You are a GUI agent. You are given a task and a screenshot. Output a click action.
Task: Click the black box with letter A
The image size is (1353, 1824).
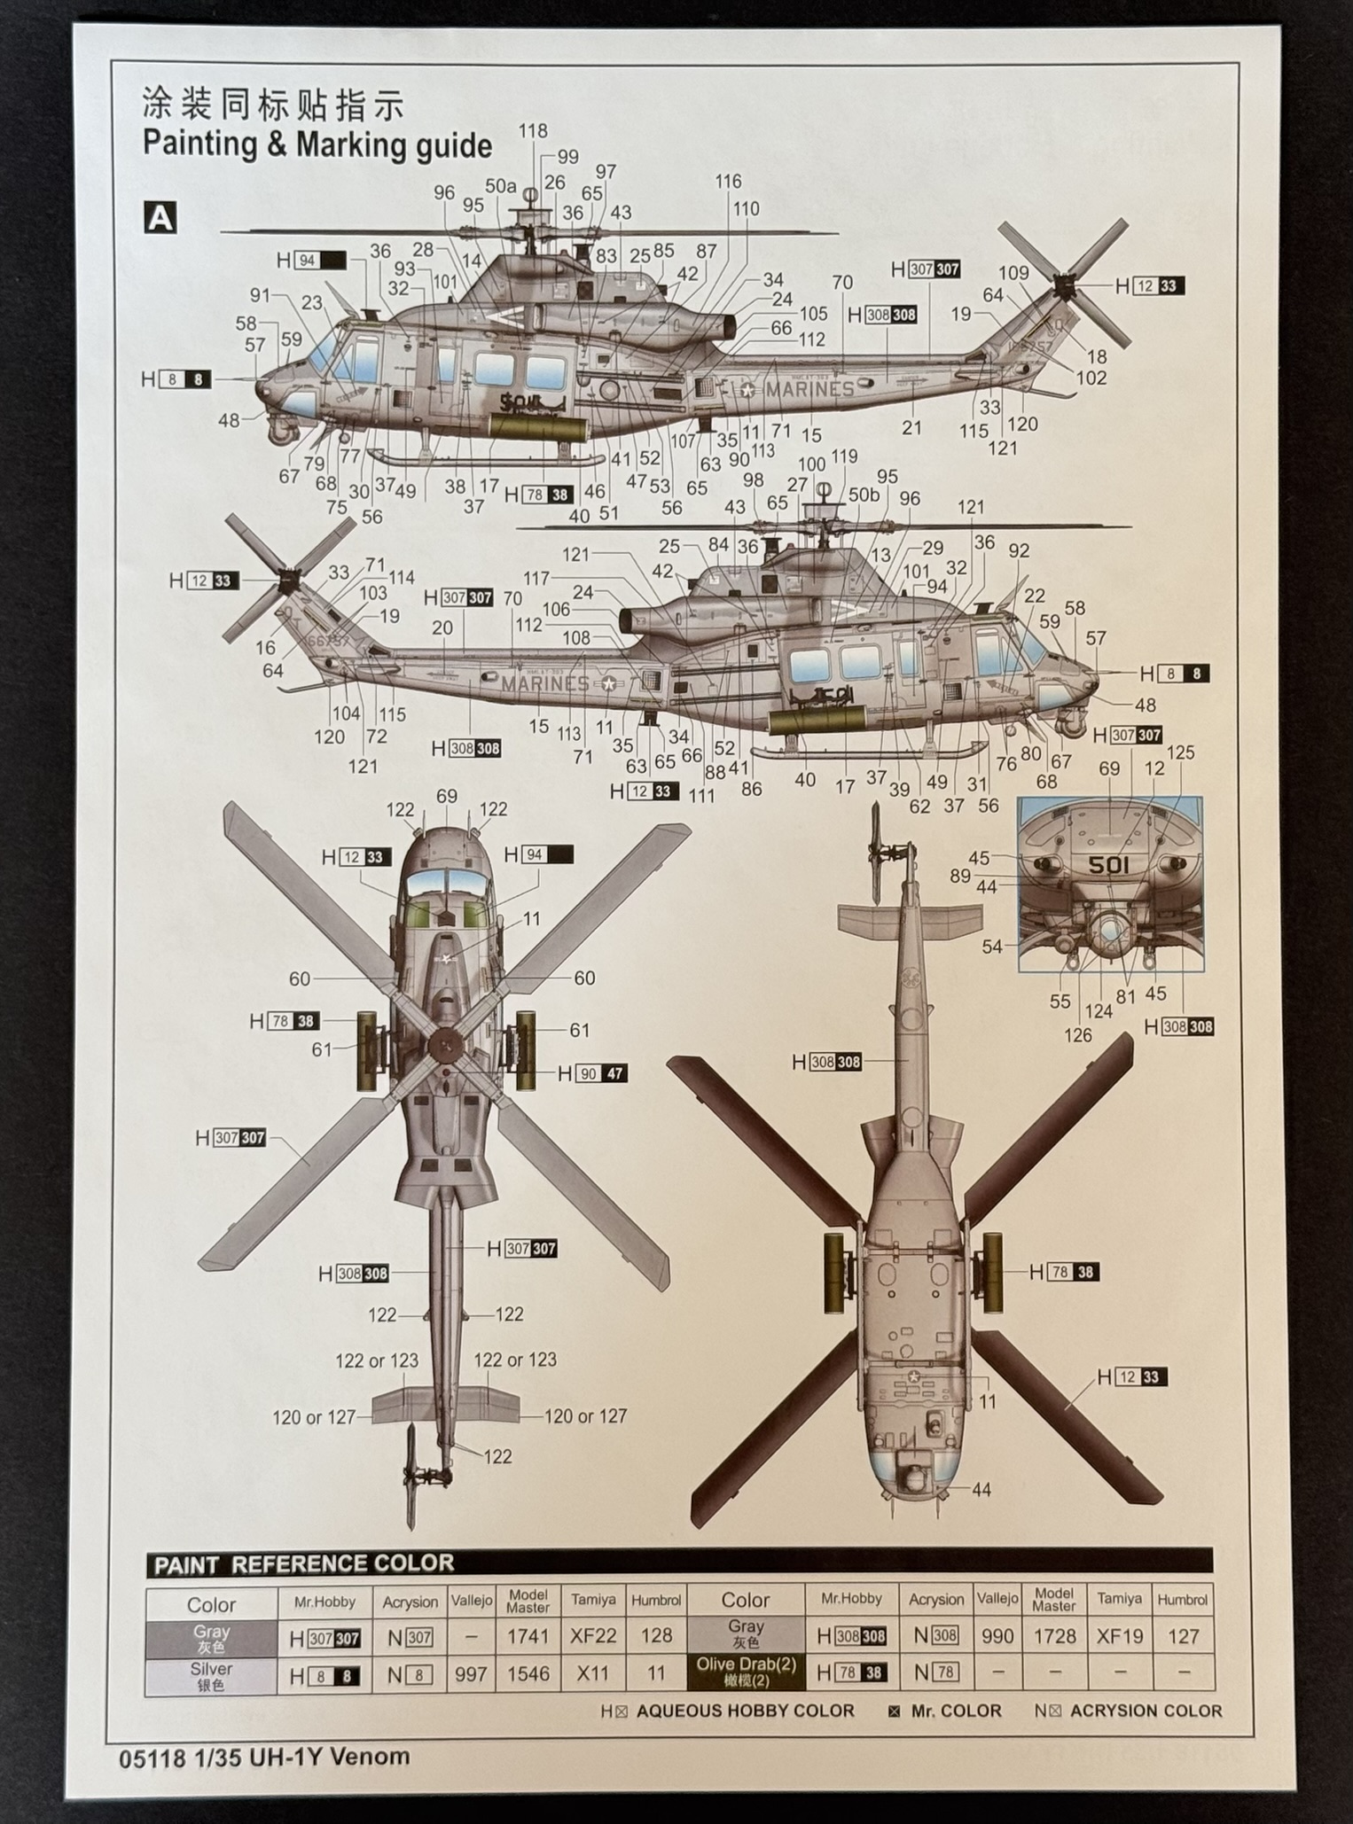(160, 217)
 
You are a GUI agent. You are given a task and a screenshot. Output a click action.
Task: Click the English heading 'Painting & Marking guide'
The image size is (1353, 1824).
(317, 144)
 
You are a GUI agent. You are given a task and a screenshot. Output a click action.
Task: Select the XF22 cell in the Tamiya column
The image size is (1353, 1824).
(592, 1636)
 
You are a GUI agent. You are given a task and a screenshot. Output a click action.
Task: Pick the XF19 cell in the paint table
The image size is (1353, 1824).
(1119, 1636)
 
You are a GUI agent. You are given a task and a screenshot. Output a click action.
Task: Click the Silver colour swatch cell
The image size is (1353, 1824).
(211, 1674)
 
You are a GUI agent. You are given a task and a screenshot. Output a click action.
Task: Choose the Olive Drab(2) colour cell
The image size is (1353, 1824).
(745, 1672)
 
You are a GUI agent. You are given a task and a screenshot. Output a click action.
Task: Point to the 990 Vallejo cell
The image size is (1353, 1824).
(997, 1636)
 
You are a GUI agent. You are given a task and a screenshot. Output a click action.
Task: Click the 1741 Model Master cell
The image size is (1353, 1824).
(528, 1636)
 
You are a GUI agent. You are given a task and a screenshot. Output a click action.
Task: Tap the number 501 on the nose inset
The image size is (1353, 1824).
(1108, 864)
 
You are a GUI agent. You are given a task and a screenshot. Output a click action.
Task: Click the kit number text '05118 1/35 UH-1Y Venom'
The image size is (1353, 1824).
(264, 1756)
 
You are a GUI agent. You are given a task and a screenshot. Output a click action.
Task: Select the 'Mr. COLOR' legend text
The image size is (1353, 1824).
(956, 1711)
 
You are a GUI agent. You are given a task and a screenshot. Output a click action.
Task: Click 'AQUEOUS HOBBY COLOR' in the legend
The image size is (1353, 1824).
(745, 1711)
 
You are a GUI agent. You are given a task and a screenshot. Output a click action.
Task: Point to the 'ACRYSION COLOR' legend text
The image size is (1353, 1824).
(1146, 1711)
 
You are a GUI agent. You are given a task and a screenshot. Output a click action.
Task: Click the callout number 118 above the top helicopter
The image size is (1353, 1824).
(533, 131)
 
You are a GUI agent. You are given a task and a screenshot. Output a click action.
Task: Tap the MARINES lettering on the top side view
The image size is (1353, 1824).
(809, 390)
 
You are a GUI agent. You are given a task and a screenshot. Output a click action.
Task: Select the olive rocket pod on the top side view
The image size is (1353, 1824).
(537, 430)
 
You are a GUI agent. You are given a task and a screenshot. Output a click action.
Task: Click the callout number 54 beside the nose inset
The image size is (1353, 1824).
(991, 947)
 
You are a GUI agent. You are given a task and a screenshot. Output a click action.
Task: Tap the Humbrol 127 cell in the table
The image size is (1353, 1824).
(1183, 1636)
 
